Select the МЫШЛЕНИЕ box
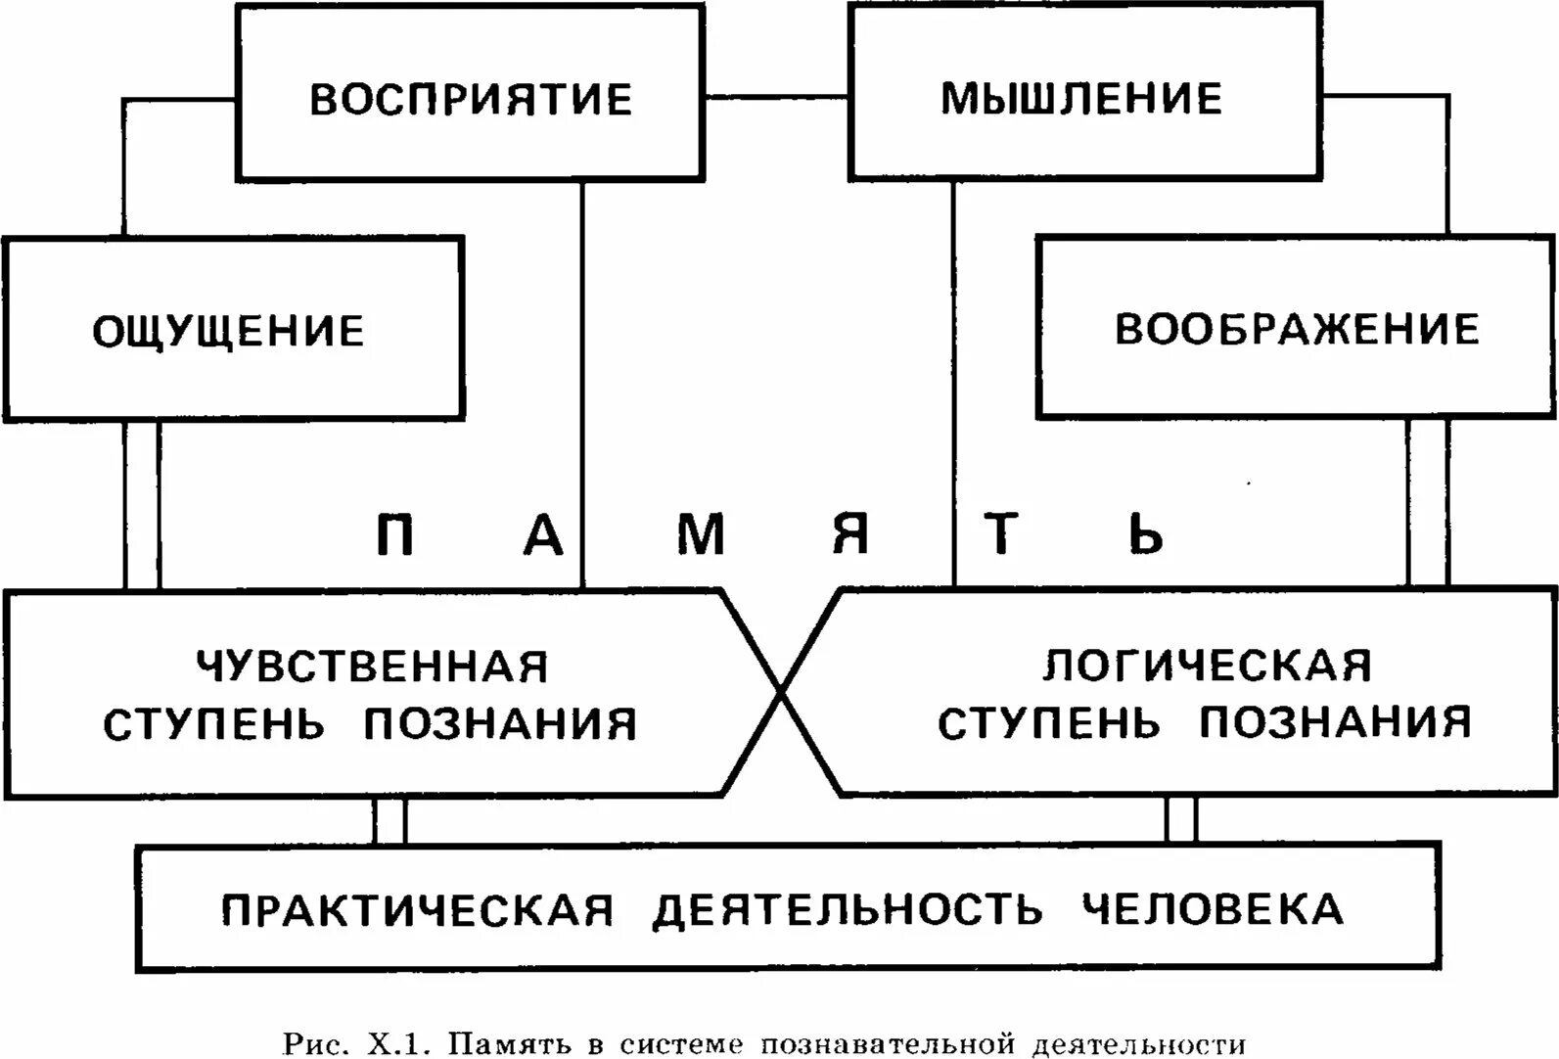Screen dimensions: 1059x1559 (1081, 99)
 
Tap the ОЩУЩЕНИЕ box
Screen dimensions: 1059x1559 (229, 331)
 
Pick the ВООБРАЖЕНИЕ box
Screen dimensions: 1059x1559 (1297, 329)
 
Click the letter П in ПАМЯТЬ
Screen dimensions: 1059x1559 (394, 535)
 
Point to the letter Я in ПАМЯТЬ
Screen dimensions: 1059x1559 (850, 535)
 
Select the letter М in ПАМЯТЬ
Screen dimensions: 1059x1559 (701, 535)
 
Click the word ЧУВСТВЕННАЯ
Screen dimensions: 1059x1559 (373, 668)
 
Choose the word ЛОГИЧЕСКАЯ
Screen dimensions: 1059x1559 (1207, 666)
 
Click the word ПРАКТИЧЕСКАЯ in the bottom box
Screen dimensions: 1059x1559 (418, 910)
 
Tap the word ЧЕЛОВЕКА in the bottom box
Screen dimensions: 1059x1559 (1213, 909)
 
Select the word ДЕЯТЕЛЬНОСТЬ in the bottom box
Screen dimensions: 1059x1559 (848, 910)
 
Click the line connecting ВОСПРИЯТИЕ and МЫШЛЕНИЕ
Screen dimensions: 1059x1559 (776, 97)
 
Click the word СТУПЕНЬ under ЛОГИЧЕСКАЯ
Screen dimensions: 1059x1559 (1049, 723)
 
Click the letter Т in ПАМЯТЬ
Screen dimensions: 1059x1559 (1001, 535)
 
